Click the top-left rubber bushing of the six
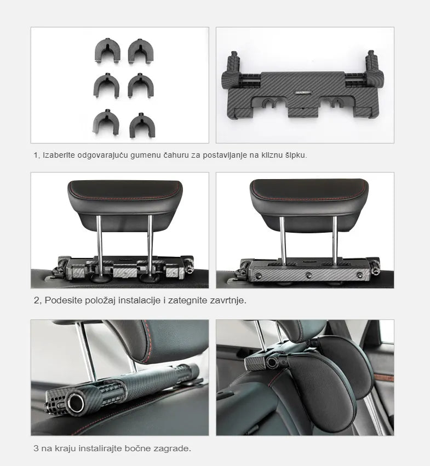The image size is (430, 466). (x=107, y=51)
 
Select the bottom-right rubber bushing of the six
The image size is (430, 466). (x=142, y=125)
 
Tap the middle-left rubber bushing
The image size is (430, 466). (x=106, y=85)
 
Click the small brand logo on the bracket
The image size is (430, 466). (x=302, y=93)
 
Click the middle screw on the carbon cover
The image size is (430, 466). (x=309, y=275)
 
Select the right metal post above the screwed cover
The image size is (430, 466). (x=335, y=240)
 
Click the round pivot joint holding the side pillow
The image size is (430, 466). (x=272, y=362)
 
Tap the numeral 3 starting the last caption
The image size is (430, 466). (x=36, y=448)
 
